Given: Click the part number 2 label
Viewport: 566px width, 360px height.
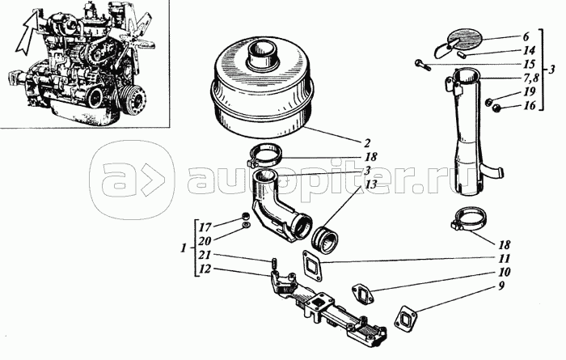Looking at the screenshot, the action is pyautogui.click(x=367, y=143).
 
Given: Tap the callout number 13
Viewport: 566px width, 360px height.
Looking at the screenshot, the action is pyautogui.click(x=370, y=184).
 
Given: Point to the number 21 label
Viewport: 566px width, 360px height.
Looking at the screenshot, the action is pyautogui.click(x=205, y=256).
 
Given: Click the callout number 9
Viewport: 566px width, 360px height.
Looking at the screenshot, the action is pyautogui.click(x=501, y=286).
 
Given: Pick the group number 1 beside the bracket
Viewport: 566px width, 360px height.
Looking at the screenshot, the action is pyautogui.click(x=184, y=248).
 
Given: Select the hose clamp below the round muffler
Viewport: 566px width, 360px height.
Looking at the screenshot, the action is pyautogui.click(x=264, y=155).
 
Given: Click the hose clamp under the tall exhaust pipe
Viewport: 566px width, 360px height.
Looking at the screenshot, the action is pyautogui.click(x=468, y=218).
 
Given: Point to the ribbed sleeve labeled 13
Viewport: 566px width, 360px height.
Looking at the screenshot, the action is pyautogui.click(x=325, y=241).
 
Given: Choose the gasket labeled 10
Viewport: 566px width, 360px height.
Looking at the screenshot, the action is pyautogui.click(x=363, y=294).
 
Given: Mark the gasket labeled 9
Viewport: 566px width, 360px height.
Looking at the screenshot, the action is pyautogui.click(x=407, y=319).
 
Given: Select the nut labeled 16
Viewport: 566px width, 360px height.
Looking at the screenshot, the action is pyautogui.click(x=496, y=107).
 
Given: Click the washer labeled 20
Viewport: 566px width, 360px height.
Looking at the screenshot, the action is pyautogui.click(x=247, y=226).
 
